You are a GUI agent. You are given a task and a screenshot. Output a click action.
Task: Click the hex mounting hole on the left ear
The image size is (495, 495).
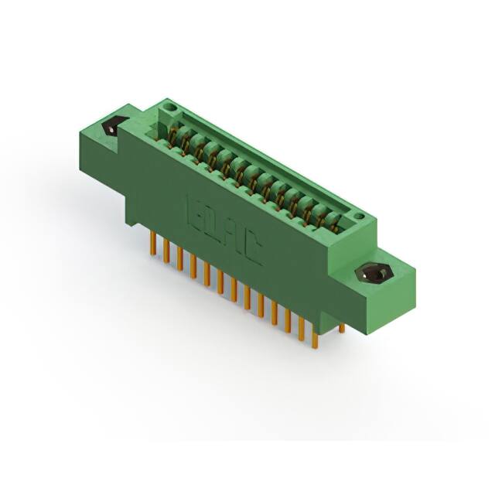point(111,126)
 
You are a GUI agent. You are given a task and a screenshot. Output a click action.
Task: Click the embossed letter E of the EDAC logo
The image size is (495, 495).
point(194,208)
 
